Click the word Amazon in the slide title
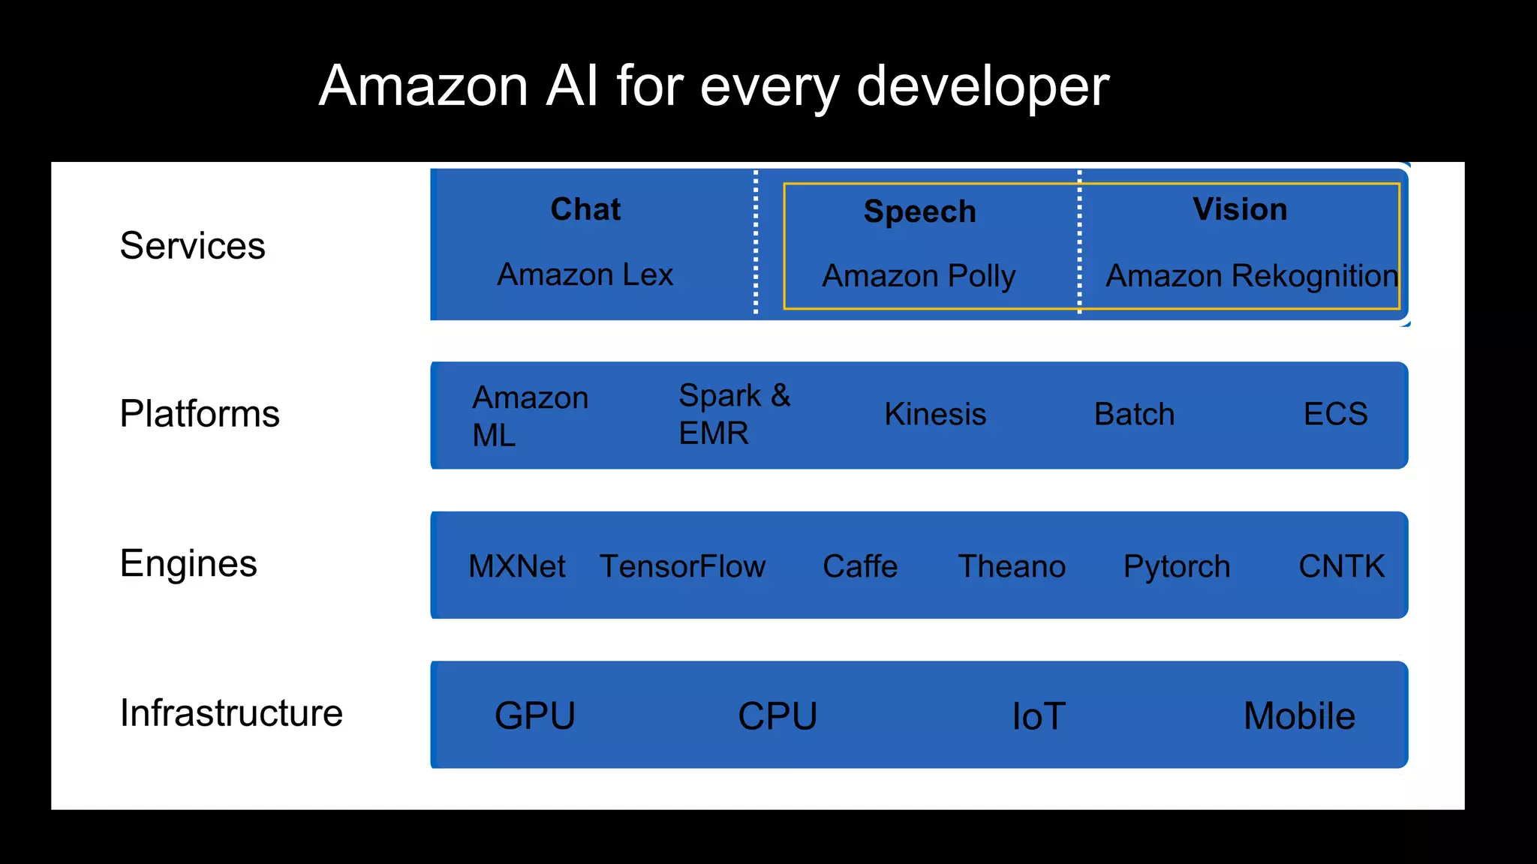pyautogui.click(x=424, y=86)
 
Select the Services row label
pyautogui.click(x=192, y=246)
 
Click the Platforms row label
pyautogui.click(x=200, y=413)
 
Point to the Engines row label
pyautogui.click(x=188, y=563)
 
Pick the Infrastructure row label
pyautogui.click(x=231, y=712)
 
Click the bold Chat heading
pyautogui.click(x=585, y=209)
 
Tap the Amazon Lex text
pyautogui.click(x=585, y=274)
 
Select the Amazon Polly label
pyautogui.click(x=919, y=277)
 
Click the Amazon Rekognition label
pyautogui.click(x=1252, y=277)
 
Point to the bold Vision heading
pyautogui.click(x=1240, y=209)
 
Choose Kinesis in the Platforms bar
pyautogui.click(x=935, y=414)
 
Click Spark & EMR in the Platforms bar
pyautogui.click(x=734, y=414)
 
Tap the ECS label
pyautogui.click(x=1335, y=414)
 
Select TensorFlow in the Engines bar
pyautogui.click(x=682, y=566)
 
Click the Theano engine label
pyautogui.click(x=1012, y=566)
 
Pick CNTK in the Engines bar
pyautogui.click(x=1341, y=566)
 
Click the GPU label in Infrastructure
pyautogui.click(x=535, y=715)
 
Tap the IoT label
pyautogui.click(x=1039, y=716)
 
